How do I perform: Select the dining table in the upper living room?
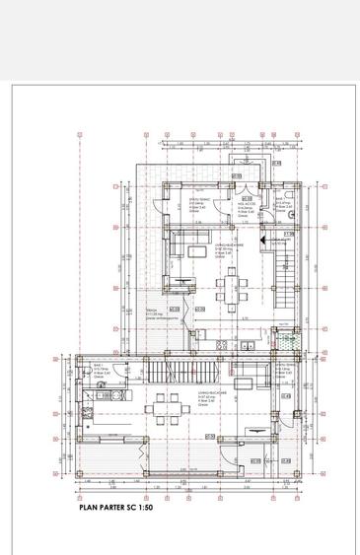click(233, 286)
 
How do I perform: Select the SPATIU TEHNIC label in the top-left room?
click(197, 202)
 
